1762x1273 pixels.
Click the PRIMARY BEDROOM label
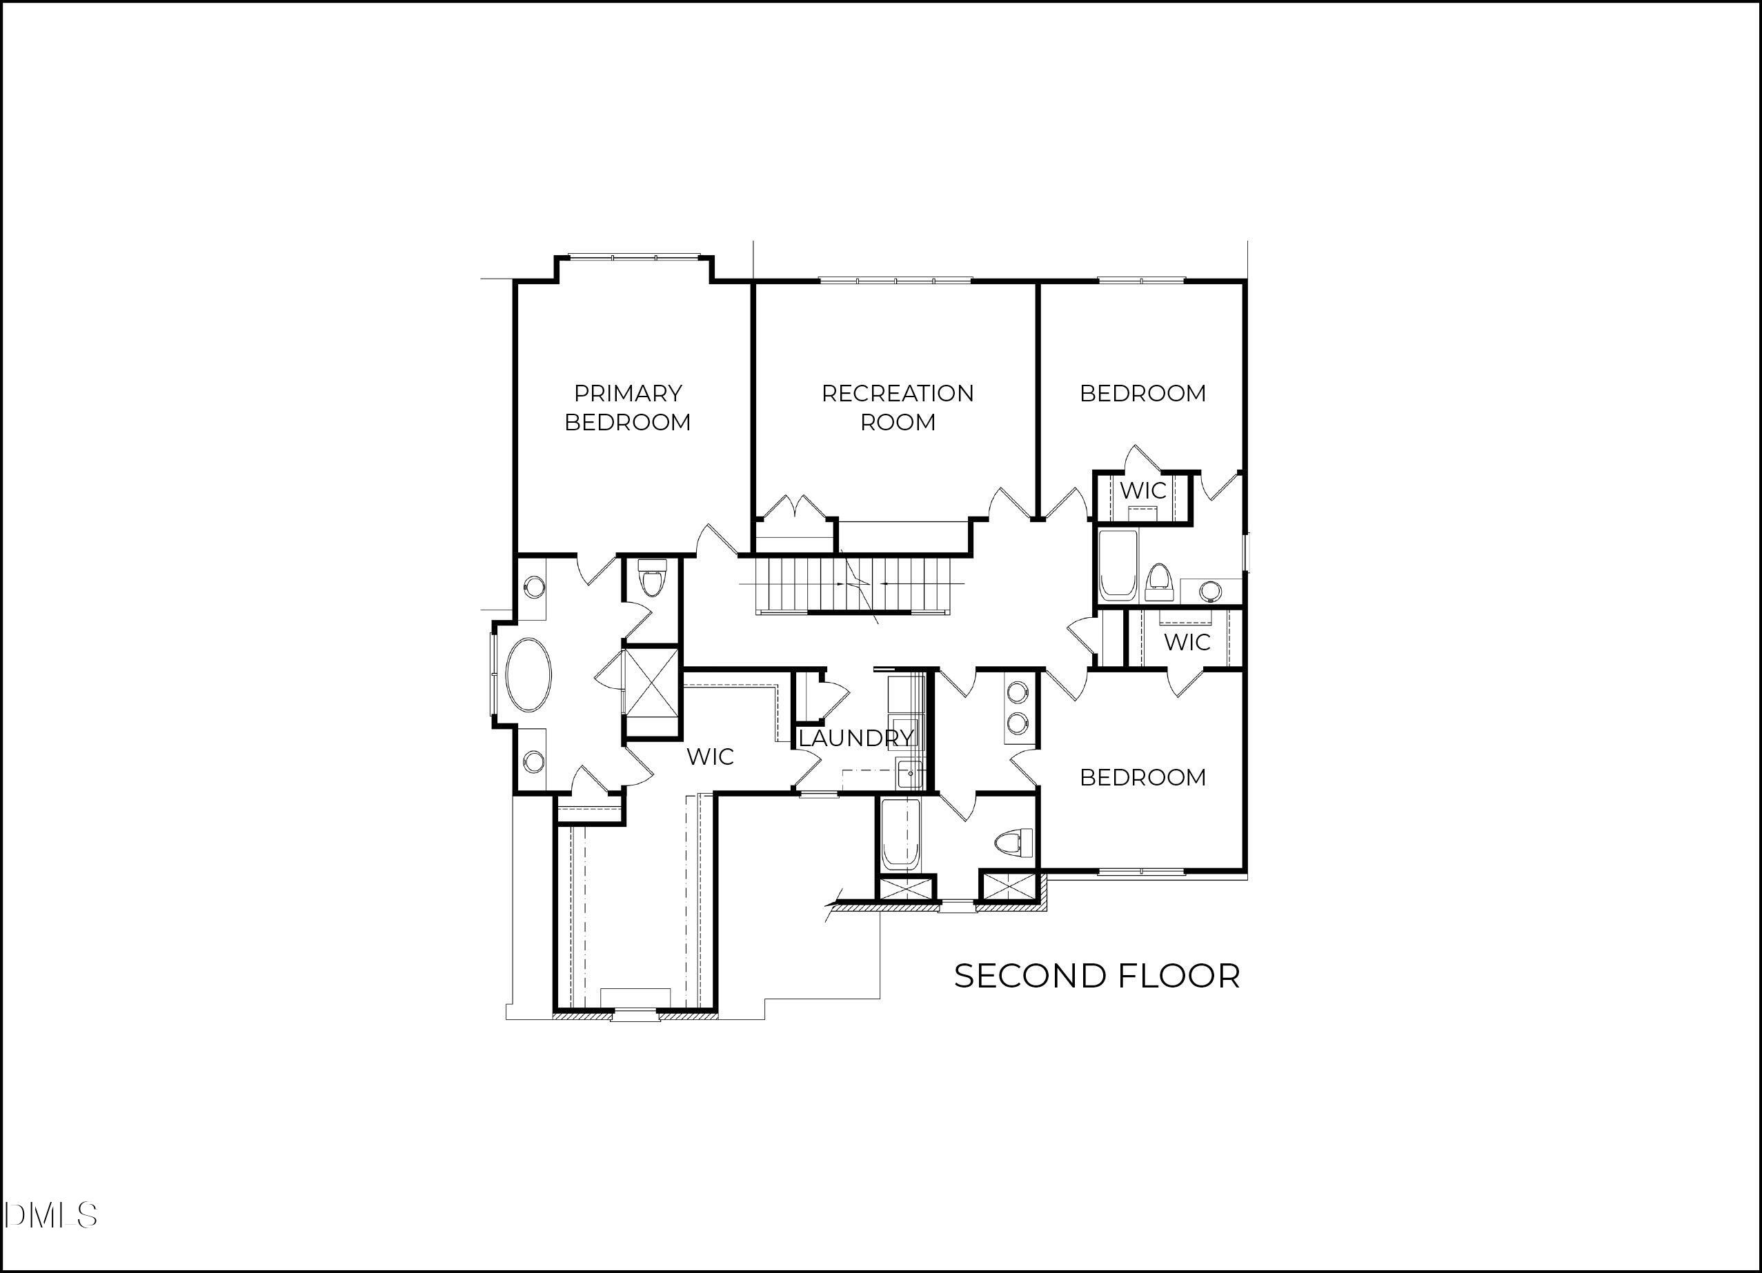pyautogui.click(x=627, y=408)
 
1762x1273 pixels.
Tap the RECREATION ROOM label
pyautogui.click(x=898, y=408)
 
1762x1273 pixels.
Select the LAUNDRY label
pyautogui.click(x=855, y=739)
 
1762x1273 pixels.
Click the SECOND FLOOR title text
pyautogui.click(x=1096, y=976)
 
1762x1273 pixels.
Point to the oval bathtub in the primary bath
pyautogui.click(x=529, y=674)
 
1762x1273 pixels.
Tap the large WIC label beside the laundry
pyautogui.click(x=710, y=756)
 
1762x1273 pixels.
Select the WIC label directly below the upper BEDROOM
pyautogui.click(x=1142, y=491)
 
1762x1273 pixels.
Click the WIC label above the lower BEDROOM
pyautogui.click(x=1187, y=642)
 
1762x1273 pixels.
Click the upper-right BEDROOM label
pyautogui.click(x=1142, y=394)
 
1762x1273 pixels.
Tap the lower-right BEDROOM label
pyautogui.click(x=1142, y=777)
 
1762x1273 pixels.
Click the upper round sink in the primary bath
pyautogui.click(x=534, y=587)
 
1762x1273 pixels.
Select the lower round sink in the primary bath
pyautogui.click(x=534, y=762)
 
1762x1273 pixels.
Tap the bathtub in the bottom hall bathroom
pyautogui.click(x=901, y=835)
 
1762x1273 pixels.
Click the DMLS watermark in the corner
pyautogui.click(x=50, y=1215)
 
